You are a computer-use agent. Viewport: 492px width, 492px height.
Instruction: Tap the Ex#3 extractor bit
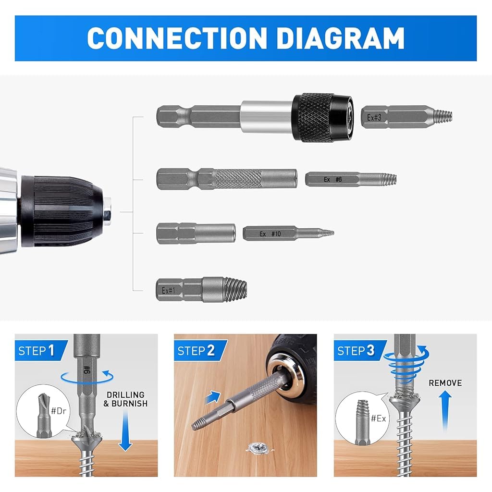(406, 117)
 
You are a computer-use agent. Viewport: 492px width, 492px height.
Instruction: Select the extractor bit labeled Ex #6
(350, 180)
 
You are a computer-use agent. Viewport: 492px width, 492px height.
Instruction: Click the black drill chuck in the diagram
(62, 210)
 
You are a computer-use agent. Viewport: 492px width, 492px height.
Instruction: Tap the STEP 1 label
(37, 350)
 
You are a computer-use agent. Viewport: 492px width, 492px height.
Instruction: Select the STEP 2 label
(196, 350)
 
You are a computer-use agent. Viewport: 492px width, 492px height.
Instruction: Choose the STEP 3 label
(356, 350)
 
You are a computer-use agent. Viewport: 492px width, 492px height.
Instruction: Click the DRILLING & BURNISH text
(125, 399)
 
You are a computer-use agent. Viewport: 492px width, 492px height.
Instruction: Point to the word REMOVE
(445, 383)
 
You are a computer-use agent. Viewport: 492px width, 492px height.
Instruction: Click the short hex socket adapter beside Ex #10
(196, 234)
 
